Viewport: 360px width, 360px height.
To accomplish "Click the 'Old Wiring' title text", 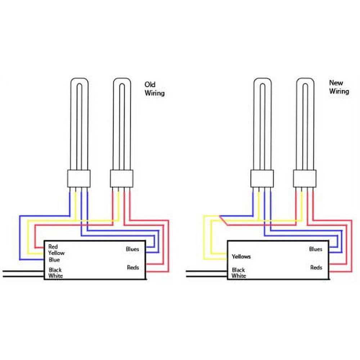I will pos(154,89).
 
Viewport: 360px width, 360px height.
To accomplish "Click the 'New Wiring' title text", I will pos(339,87).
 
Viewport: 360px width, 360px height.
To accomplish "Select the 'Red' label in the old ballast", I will pos(53,247).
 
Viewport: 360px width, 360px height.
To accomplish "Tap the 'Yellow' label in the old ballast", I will pos(56,253).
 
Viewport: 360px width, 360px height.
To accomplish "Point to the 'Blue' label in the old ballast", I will pos(54,260).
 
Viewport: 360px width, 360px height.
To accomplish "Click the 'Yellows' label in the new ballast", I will pos(241,257).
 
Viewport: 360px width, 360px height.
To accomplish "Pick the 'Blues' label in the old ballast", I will pos(132,249).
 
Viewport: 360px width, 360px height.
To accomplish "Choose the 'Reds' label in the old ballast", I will pos(132,267).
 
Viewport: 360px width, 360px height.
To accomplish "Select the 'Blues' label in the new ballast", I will pos(315,249).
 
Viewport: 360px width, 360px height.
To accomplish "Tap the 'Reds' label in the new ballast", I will pos(316,267).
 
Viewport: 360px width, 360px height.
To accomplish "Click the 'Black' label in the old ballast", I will pos(55,270).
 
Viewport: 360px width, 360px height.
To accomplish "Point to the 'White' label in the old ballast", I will pos(55,276).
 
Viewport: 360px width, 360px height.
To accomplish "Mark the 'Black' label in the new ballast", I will pos(238,270).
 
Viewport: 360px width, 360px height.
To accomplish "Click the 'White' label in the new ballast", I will pos(239,276).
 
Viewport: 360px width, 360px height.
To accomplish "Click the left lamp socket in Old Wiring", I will pos(79,179).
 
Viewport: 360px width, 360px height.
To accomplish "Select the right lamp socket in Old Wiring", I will pos(122,179).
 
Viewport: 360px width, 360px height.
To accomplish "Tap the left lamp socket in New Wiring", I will pos(262,179).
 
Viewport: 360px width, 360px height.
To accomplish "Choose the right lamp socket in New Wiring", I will pos(305,179).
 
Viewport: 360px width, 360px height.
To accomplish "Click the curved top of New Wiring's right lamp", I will pos(305,81).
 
